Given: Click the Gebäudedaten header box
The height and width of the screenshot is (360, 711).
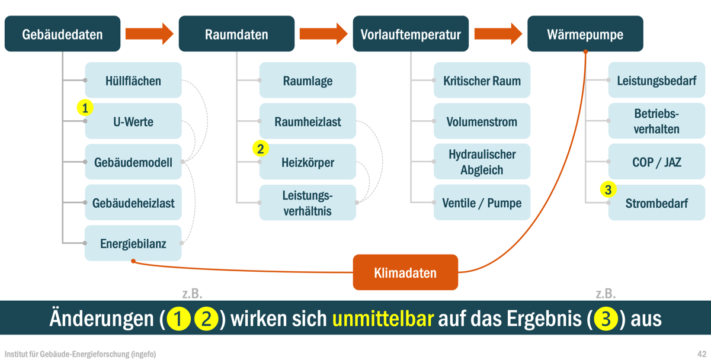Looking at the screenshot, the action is (x=63, y=34).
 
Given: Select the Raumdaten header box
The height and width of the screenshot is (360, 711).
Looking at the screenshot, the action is (x=236, y=34).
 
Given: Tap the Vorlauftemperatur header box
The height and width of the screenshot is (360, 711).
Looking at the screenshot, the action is (x=411, y=34).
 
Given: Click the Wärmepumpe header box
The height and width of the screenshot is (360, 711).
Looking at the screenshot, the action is (x=585, y=34).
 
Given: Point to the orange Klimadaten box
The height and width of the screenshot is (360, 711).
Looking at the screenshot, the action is (x=405, y=272).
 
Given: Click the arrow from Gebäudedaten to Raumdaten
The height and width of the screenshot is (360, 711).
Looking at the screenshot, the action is (x=149, y=34).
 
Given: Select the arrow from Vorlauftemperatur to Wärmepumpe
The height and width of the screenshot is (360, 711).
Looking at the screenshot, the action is (x=498, y=34).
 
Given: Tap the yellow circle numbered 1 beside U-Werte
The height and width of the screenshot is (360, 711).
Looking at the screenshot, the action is (x=85, y=108).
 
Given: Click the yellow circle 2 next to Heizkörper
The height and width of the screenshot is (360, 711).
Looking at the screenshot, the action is (x=261, y=149).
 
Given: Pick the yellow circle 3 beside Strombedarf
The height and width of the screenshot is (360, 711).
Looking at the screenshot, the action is (x=608, y=189).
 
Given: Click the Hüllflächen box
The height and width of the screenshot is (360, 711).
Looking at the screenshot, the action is (x=133, y=80).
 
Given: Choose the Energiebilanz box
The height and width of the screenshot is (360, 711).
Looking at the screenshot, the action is (x=133, y=243).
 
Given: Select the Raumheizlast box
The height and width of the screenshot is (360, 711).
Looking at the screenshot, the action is (x=308, y=121).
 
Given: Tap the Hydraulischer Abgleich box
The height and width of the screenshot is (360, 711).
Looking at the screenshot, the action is (x=482, y=162).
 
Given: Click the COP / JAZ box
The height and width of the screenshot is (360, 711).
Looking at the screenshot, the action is (x=656, y=162).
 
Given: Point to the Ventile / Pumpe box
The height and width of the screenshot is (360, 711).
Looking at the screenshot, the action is (x=482, y=202).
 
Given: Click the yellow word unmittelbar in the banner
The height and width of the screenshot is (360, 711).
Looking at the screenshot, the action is (x=383, y=319).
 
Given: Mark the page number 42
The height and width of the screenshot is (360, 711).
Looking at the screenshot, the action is (x=702, y=353).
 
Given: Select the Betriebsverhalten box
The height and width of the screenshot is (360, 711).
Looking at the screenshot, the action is (x=656, y=121).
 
